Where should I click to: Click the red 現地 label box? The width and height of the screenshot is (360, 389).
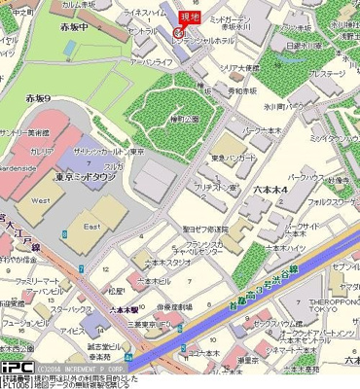pos(189,16)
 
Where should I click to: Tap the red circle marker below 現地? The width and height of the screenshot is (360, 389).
pos(177,31)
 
